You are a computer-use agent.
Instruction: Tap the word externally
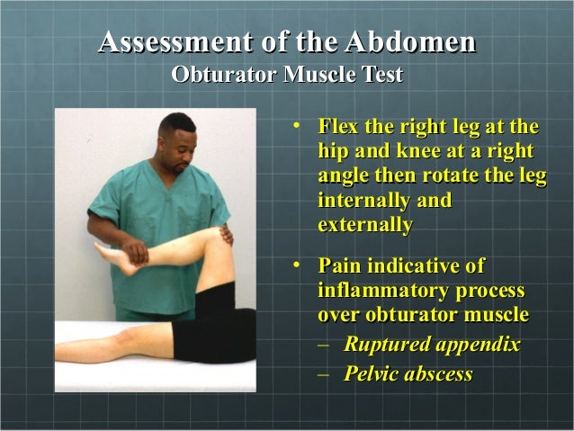click(x=365, y=224)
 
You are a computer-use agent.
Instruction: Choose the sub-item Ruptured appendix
click(x=432, y=345)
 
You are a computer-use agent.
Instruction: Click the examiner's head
click(x=176, y=139)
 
